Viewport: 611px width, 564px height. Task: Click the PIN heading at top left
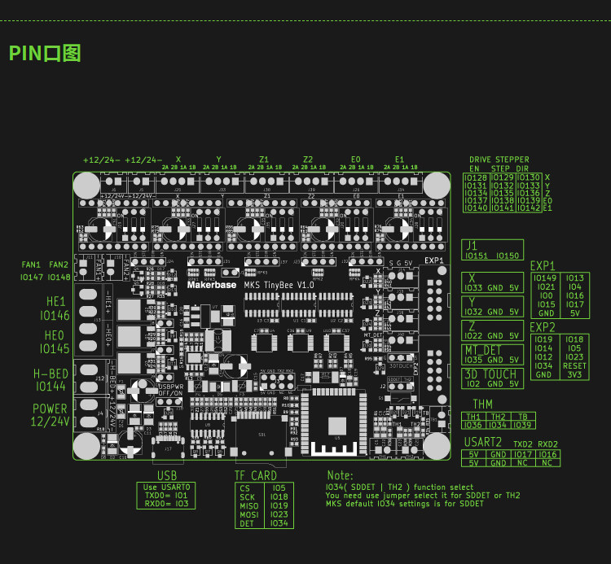[45, 54]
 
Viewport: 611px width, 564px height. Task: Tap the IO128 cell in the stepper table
[476, 177]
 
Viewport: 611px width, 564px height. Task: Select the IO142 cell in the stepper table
[529, 208]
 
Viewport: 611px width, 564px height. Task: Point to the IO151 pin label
[476, 256]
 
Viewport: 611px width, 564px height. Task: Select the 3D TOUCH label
[490, 374]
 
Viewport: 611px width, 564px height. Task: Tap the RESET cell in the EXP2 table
[574, 366]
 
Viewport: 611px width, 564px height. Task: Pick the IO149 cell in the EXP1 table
[545, 278]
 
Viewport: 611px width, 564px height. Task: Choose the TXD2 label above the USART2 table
[523, 444]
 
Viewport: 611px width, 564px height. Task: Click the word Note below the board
[340, 475]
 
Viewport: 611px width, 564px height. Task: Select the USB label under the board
[166, 475]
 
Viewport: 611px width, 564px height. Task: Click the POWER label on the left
[50, 409]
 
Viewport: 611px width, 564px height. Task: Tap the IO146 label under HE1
[55, 315]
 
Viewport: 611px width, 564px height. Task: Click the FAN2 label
[59, 265]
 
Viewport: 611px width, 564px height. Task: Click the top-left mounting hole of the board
[86, 185]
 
